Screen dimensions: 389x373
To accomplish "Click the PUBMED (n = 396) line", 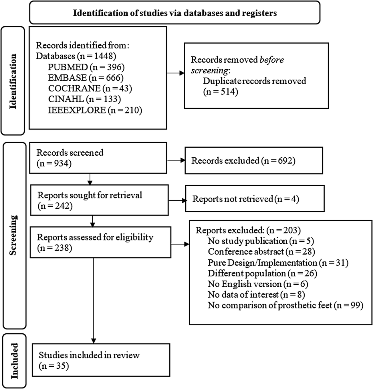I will (x=86, y=67).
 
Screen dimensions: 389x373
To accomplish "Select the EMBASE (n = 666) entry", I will (x=86, y=78).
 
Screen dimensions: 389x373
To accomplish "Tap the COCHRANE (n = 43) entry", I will (x=90, y=88).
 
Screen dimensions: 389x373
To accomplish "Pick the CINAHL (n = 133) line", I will (x=84, y=99).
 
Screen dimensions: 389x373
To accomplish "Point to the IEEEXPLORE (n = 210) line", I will (x=95, y=110).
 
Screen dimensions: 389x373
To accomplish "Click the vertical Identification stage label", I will (x=13, y=81).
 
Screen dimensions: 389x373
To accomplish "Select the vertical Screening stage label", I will (x=13, y=235).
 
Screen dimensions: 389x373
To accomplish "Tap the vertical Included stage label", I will (x=14, y=361).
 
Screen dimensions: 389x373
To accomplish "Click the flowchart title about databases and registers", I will (x=175, y=13).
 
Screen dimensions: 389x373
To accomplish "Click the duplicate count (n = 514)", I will (x=221, y=92).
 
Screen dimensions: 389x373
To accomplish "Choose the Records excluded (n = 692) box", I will (x=253, y=161).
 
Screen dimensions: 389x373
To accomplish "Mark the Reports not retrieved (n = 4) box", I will (x=255, y=199).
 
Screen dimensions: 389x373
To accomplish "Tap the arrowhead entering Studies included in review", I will (x=94, y=340).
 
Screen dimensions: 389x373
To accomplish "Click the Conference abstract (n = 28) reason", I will (x=261, y=252).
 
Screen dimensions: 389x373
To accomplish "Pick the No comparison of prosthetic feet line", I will (x=285, y=305).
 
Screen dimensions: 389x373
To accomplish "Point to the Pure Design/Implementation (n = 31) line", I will (x=278, y=263).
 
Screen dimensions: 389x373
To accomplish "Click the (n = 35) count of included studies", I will (x=54, y=366).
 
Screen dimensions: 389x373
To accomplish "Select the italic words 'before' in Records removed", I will (x=271, y=60).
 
